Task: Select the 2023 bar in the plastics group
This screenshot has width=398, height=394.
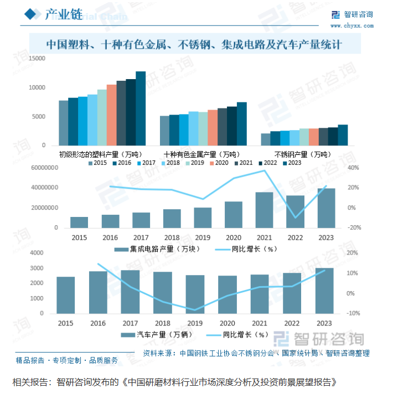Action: point(141,108)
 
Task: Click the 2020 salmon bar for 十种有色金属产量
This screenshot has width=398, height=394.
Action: point(213,128)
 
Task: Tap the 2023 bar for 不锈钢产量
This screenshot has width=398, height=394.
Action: point(343,135)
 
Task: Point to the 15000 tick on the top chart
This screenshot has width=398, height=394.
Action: point(38,58)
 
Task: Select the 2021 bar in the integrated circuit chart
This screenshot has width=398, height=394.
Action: point(264,210)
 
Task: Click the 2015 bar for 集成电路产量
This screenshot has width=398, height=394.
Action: point(79,222)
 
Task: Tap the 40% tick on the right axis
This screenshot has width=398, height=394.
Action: point(353,168)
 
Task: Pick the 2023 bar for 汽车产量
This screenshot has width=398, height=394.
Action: point(324,291)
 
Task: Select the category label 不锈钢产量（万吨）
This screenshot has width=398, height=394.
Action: point(302,154)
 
